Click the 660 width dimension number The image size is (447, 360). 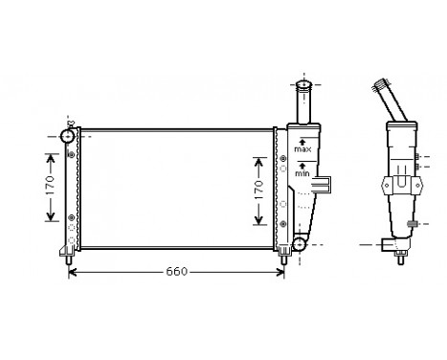tap(176, 272)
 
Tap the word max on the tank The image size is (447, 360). tap(302, 150)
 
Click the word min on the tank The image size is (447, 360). tap(302, 174)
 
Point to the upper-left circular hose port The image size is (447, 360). tap(68, 136)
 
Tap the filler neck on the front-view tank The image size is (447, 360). tap(303, 100)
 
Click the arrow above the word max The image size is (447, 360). tap(302, 141)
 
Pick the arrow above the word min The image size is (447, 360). tap(302, 165)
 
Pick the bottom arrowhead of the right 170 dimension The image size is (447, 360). tap(257, 222)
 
